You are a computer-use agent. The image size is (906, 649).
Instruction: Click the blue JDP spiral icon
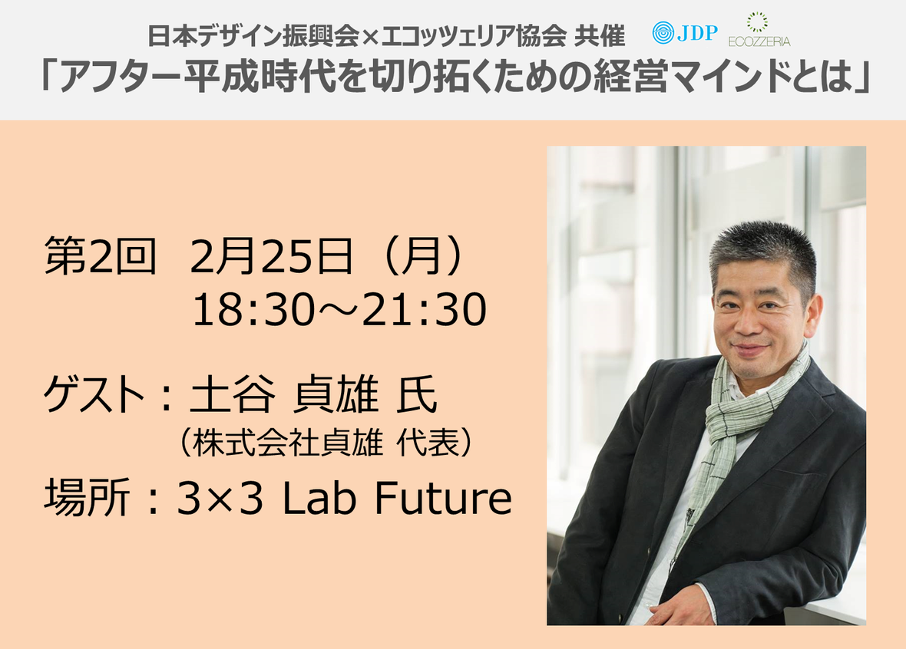663,33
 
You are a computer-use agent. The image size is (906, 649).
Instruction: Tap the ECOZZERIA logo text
759,41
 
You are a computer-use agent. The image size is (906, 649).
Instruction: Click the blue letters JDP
697,33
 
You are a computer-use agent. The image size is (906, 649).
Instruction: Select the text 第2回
100,255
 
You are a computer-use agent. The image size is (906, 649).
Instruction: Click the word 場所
86,497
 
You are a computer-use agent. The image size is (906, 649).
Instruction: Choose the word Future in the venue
443,497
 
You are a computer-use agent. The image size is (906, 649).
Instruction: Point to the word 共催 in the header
600,36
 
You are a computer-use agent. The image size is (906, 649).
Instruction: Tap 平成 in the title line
223,77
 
